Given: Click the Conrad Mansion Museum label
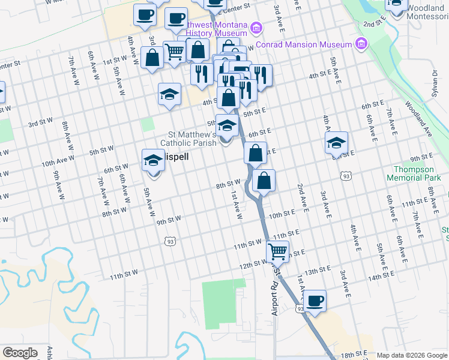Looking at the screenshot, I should point(303,45).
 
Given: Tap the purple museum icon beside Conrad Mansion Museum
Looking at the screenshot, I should point(361,43).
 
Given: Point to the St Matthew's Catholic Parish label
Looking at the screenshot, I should point(188,139).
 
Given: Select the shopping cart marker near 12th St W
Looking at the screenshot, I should point(277,251).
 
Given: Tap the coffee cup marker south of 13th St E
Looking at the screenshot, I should point(315,301).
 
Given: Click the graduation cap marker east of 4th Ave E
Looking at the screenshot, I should point(336,143).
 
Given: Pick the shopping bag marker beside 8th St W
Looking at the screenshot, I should point(264,180).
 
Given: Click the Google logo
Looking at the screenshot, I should point(20,353).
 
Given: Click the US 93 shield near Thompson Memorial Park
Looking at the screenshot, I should point(345,176).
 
